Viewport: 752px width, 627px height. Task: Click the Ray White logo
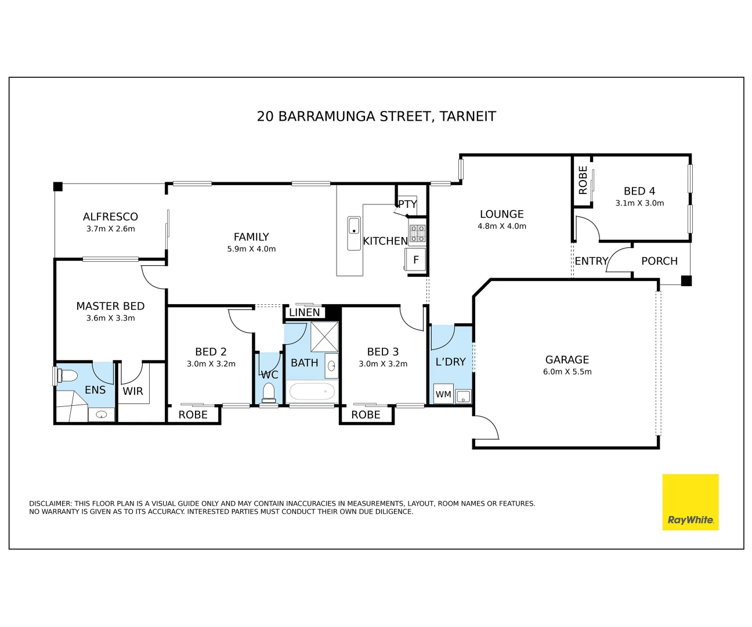(690, 502)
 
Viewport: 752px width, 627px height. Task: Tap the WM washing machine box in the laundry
(443, 394)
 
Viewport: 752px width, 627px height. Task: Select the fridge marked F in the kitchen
(415, 260)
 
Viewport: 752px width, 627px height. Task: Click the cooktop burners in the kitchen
(418, 233)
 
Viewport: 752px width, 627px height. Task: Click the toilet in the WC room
(269, 393)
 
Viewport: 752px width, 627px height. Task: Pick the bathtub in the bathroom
(312, 392)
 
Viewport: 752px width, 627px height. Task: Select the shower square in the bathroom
(324, 337)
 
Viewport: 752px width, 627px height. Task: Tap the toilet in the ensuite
(67, 375)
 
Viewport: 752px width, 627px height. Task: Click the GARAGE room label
(567, 360)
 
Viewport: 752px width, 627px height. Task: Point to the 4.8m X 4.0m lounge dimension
(502, 226)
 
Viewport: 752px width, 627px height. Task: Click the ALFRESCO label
(110, 217)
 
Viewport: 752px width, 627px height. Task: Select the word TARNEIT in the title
(468, 117)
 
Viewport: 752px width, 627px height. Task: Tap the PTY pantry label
(407, 204)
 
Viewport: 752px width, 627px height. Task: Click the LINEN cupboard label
(304, 312)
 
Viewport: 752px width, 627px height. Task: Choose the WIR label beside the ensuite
(133, 391)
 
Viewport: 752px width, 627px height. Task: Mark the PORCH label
(659, 261)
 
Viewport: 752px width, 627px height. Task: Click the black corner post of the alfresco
(58, 186)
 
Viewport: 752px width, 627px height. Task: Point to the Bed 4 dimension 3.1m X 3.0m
(639, 203)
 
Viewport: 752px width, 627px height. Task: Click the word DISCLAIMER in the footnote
(50, 503)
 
